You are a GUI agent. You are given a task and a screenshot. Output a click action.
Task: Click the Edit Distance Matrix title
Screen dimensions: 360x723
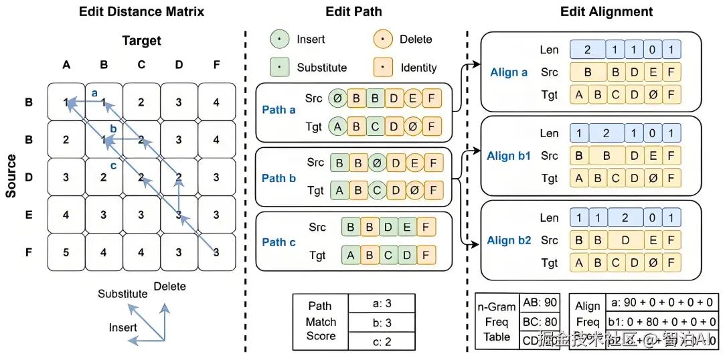(x=141, y=11)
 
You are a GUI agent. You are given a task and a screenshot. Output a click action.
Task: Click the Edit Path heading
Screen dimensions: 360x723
(x=354, y=11)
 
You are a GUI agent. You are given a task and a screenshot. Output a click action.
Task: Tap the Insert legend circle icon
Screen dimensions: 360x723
(x=280, y=39)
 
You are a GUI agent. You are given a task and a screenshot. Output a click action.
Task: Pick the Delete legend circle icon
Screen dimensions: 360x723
(x=383, y=39)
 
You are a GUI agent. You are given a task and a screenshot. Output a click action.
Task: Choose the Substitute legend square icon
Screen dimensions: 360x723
(x=280, y=68)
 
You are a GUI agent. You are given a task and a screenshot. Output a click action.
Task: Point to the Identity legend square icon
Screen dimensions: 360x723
(x=383, y=68)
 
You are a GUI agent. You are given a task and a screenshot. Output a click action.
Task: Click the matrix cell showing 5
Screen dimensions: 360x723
(x=66, y=252)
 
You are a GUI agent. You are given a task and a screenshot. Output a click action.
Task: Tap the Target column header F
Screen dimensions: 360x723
(x=216, y=65)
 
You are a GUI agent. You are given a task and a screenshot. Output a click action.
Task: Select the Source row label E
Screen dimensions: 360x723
(x=29, y=215)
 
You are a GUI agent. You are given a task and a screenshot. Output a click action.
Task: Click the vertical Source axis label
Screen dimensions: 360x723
(x=11, y=176)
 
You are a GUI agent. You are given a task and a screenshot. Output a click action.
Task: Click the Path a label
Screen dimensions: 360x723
(x=278, y=110)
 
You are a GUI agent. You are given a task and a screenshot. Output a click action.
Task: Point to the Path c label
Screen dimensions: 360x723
(x=278, y=242)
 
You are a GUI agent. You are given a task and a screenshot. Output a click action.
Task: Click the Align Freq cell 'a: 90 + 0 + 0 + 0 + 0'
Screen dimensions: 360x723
(x=662, y=302)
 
